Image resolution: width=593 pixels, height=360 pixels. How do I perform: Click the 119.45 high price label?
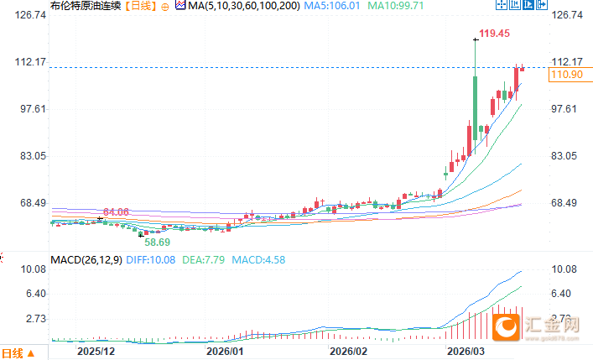click(x=494, y=34)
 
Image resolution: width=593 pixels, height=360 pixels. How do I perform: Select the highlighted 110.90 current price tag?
click(x=564, y=76)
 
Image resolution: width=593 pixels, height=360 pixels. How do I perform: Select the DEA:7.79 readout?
click(x=204, y=260)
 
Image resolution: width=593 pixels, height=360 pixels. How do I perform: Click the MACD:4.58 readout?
click(x=257, y=260)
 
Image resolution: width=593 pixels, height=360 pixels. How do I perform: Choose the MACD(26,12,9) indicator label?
click(x=86, y=260)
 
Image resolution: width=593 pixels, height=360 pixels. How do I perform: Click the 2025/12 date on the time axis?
click(x=95, y=351)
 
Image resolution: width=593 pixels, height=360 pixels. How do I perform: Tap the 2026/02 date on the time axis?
click(x=350, y=351)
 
